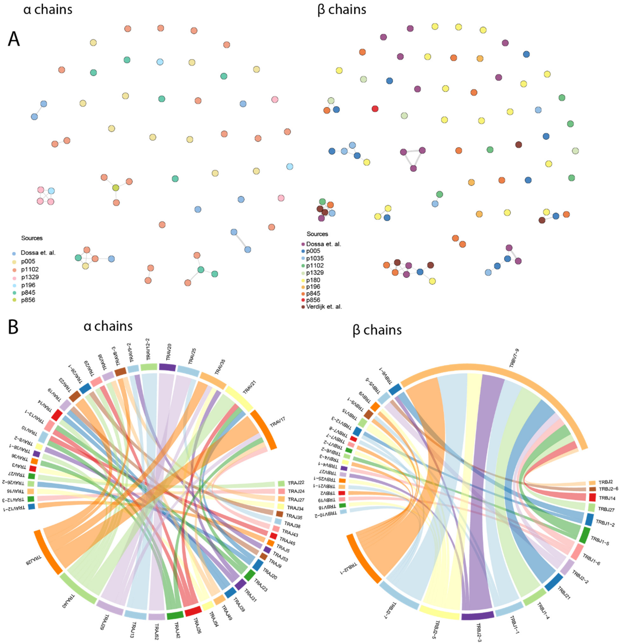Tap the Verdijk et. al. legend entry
[x=324, y=307]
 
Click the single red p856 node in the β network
[x=375, y=109]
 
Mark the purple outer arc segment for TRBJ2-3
[x=477, y=615]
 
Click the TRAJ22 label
[x=296, y=483]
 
